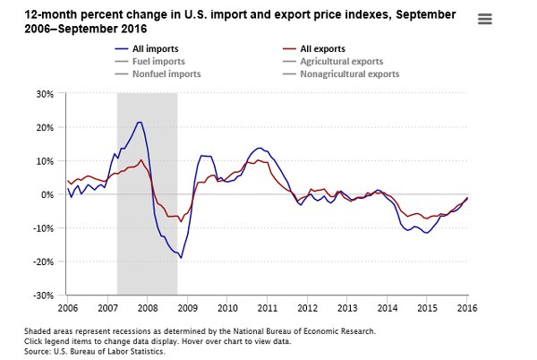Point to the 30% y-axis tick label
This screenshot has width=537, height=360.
point(45,94)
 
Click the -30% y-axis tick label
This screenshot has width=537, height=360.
point(43,295)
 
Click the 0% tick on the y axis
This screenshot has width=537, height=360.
point(47,194)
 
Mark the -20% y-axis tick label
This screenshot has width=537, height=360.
point(43,261)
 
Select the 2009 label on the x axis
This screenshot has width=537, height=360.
point(186,307)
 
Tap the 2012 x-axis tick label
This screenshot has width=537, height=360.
point(307,307)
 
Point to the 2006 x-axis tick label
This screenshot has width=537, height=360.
point(66,307)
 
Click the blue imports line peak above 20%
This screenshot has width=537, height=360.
point(139,122)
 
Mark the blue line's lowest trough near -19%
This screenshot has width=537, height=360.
point(181,258)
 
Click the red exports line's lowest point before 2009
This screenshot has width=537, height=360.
point(180,220)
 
